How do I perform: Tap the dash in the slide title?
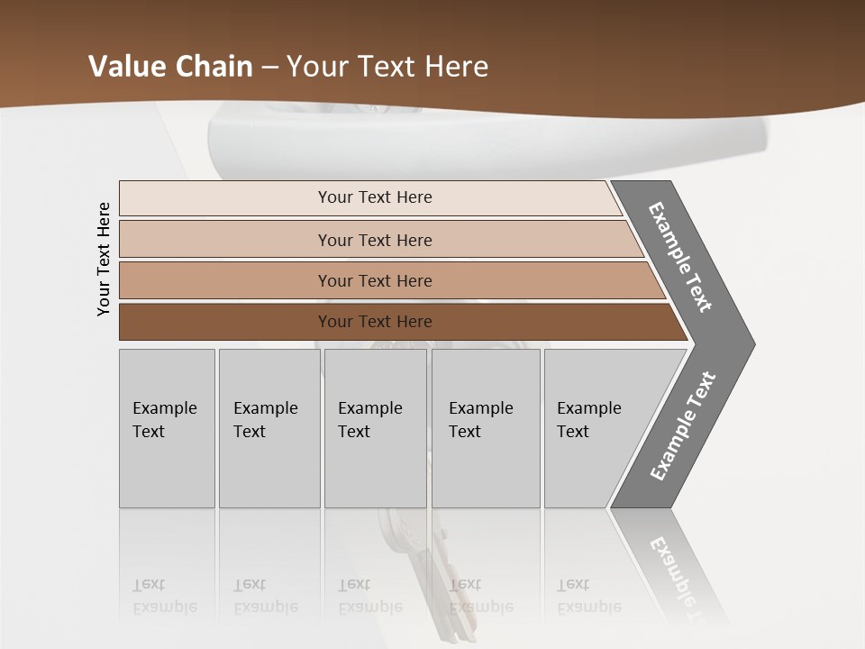tap(269, 68)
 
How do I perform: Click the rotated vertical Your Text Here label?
tap(104, 259)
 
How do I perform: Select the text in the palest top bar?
tap(375, 197)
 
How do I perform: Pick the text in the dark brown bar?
tap(375, 322)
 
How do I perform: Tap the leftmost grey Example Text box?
tap(167, 428)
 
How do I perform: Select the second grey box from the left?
tap(269, 428)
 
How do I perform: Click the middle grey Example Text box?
tap(375, 428)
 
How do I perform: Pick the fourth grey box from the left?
tap(486, 428)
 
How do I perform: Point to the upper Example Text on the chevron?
tap(681, 258)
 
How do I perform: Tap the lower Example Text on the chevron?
tap(683, 426)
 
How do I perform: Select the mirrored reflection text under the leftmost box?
tap(164, 597)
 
